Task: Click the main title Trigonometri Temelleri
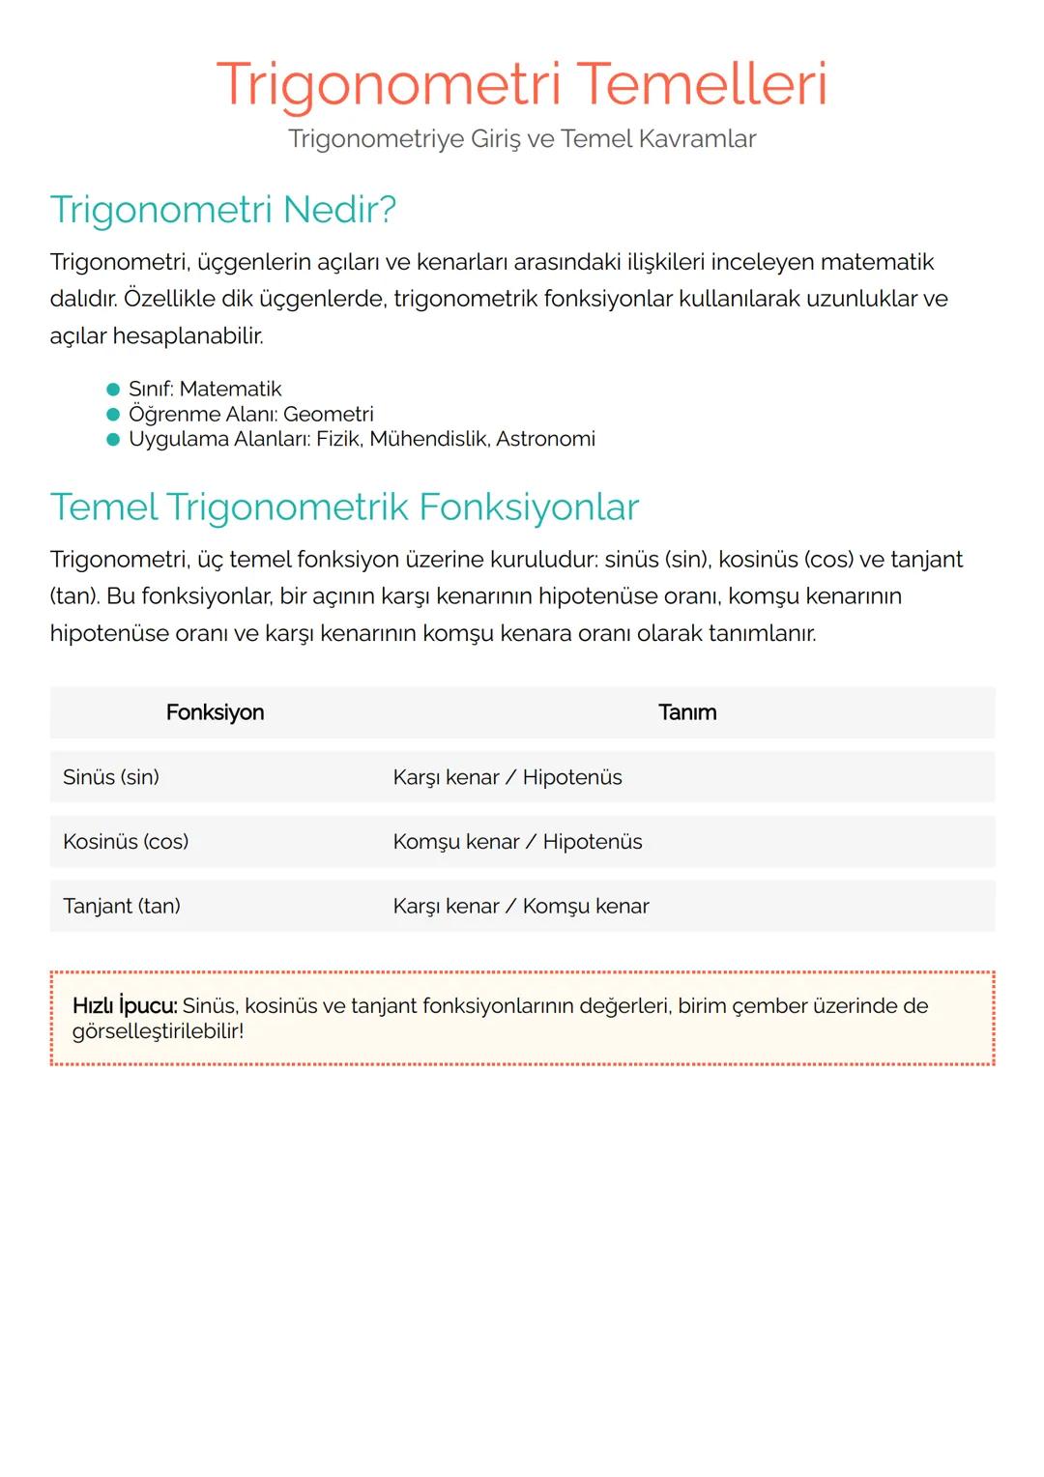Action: point(522,84)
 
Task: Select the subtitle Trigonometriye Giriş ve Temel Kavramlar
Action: point(522,139)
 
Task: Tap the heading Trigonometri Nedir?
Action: point(223,210)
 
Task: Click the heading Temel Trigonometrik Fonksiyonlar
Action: point(344,507)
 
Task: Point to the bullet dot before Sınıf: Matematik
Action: point(113,390)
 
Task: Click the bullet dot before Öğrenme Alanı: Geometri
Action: point(113,415)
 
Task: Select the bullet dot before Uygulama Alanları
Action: point(113,440)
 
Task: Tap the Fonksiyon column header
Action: point(215,713)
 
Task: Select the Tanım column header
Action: point(687,713)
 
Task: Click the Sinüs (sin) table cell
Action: point(111,778)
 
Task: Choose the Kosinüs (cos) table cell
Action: point(126,842)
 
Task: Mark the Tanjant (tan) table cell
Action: point(122,907)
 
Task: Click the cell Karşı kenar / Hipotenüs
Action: point(507,778)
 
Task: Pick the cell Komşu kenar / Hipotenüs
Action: point(517,842)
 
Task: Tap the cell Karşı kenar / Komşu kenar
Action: point(521,907)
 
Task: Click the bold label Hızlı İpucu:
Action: point(125,1006)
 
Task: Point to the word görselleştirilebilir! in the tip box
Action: point(158,1031)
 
